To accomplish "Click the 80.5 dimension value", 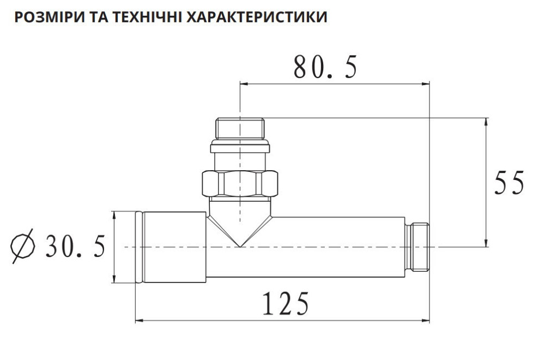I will point(325,68).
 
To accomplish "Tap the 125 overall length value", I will point(286,304).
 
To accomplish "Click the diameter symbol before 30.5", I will point(23,248).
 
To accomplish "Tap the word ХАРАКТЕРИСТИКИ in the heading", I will point(257,17).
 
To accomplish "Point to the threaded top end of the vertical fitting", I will point(240,128).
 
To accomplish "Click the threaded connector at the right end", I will point(418,247).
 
